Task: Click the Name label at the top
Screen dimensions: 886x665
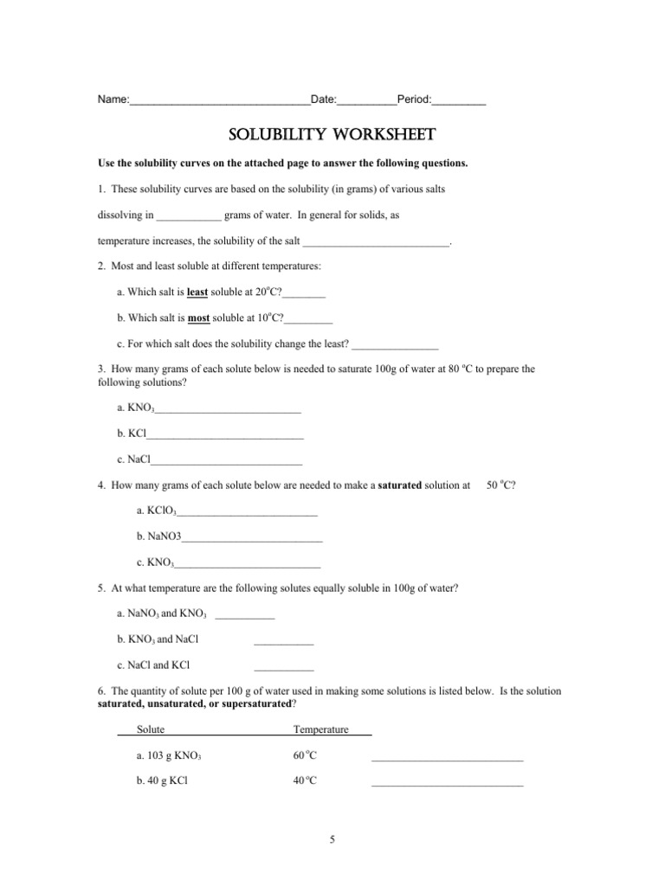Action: tap(112, 100)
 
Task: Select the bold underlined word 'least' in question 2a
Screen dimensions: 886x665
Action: tap(197, 292)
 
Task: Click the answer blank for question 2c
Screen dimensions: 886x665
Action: tap(395, 346)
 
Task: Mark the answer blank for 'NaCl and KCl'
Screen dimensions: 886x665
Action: tap(283, 668)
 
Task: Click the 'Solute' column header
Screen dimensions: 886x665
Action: tap(151, 729)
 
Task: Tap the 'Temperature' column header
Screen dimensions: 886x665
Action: tap(321, 729)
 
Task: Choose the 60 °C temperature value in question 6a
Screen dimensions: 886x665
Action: tap(305, 755)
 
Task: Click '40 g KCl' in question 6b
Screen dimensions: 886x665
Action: tap(162, 780)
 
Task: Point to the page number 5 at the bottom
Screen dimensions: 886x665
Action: tap(332, 838)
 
